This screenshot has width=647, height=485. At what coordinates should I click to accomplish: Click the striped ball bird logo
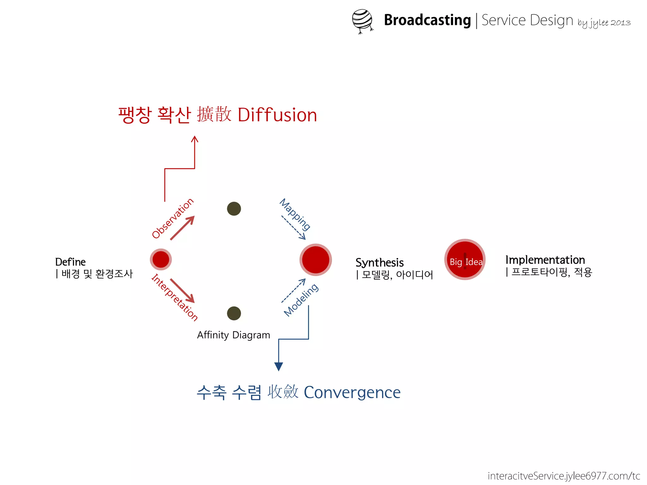(x=362, y=21)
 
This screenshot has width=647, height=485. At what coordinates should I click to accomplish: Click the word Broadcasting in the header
(x=427, y=20)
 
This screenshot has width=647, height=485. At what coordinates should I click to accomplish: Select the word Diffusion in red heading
(x=277, y=115)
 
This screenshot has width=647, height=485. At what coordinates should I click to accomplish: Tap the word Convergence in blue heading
(x=352, y=392)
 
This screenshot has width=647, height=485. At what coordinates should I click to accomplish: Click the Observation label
(x=172, y=218)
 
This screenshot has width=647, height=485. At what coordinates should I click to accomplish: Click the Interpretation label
(x=174, y=297)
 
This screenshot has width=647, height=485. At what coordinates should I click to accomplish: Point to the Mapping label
(x=295, y=214)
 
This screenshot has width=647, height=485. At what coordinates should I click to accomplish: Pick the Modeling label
(x=301, y=300)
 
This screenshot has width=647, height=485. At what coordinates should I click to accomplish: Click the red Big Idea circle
(x=465, y=260)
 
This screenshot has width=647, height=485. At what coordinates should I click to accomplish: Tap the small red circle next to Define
(x=161, y=260)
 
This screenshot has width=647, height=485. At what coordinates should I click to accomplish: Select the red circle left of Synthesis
(x=316, y=260)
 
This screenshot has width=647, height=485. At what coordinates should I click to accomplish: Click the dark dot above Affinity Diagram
(x=234, y=313)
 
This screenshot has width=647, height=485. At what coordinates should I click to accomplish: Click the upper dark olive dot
(x=234, y=209)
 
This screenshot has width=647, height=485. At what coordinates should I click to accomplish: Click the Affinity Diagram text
(x=233, y=335)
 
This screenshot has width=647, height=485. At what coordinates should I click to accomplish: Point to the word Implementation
(x=545, y=260)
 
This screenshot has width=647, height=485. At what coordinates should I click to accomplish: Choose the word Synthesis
(x=379, y=263)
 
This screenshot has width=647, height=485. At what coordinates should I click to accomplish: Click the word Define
(x=70, y=262)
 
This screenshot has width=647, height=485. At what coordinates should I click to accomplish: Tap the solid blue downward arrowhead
(x=278, y=366)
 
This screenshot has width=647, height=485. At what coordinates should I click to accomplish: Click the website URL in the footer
(x=564, y=476)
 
